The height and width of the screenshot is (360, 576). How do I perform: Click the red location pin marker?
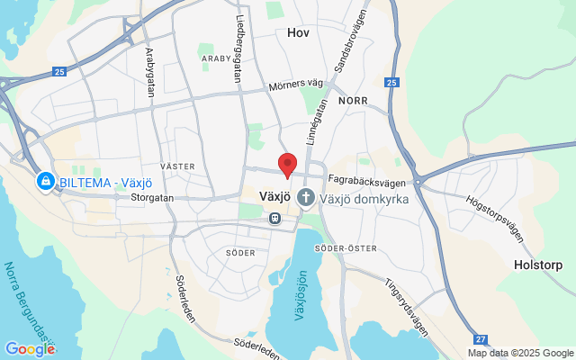click(x=287, y=164)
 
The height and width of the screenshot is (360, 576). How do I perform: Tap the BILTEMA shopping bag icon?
click(x=44, y=182)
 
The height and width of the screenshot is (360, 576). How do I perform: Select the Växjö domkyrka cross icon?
click(x=306, y=196)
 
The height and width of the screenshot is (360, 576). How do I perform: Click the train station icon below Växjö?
click(x=273, y=218)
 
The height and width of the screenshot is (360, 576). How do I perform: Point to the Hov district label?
click(x=298, y=32)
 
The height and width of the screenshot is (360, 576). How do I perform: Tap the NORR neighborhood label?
click(x=353, y=102)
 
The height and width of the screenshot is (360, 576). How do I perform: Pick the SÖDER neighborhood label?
click(x=240, y=253)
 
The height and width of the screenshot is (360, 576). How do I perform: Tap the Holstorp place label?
click(x=537, y=265)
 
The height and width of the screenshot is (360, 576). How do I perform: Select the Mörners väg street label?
click(x=295, y=86)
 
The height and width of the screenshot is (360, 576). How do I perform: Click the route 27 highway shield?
click(x=481, y=337)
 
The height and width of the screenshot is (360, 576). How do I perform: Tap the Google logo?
click(x=30, y=348)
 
